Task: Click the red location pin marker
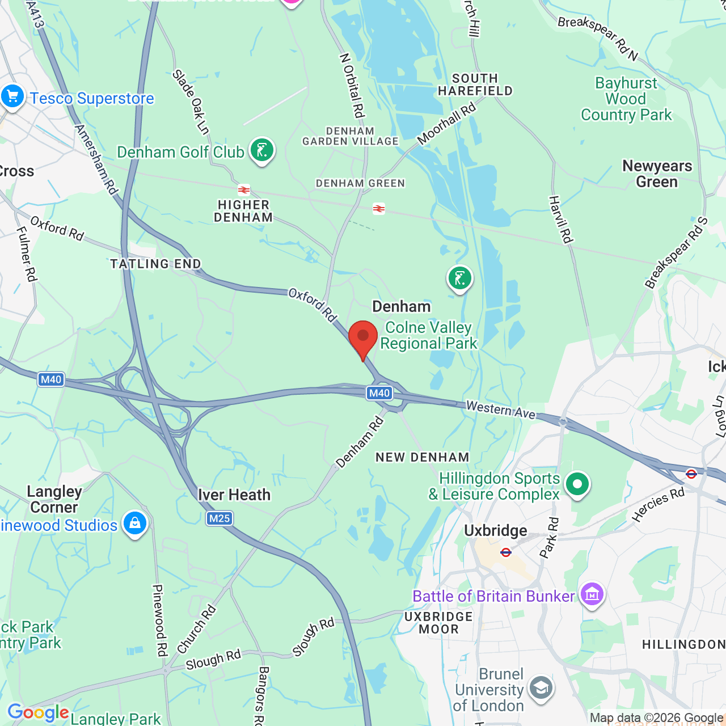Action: (x=363, y=337)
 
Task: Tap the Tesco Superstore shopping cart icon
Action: (x=12, y=96)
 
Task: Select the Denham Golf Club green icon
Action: (x=261, y=150)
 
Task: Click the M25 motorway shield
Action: (x=220, y=518)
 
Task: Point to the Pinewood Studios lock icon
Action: (x=135, y=524)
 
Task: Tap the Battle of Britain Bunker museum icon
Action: (x=592, y=594)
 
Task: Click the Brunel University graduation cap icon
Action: (x=541, y=688)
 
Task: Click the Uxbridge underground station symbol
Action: (x=506, y=552)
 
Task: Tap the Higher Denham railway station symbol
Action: (x=244, y=189)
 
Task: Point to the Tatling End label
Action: (x=155, y=264)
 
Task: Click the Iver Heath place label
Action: (x=234, y=495)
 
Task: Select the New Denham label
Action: (x=423, y=457)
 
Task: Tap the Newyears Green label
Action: (x=657, y=174)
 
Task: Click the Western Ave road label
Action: (x=501, y=410)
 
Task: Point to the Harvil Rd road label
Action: (x=560, y=220)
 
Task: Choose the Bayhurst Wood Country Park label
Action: (x=626, y=99)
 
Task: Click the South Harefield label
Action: (x=475, y=85)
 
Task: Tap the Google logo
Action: (x=38, y=712)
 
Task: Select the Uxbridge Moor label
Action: (x=438, y=623)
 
